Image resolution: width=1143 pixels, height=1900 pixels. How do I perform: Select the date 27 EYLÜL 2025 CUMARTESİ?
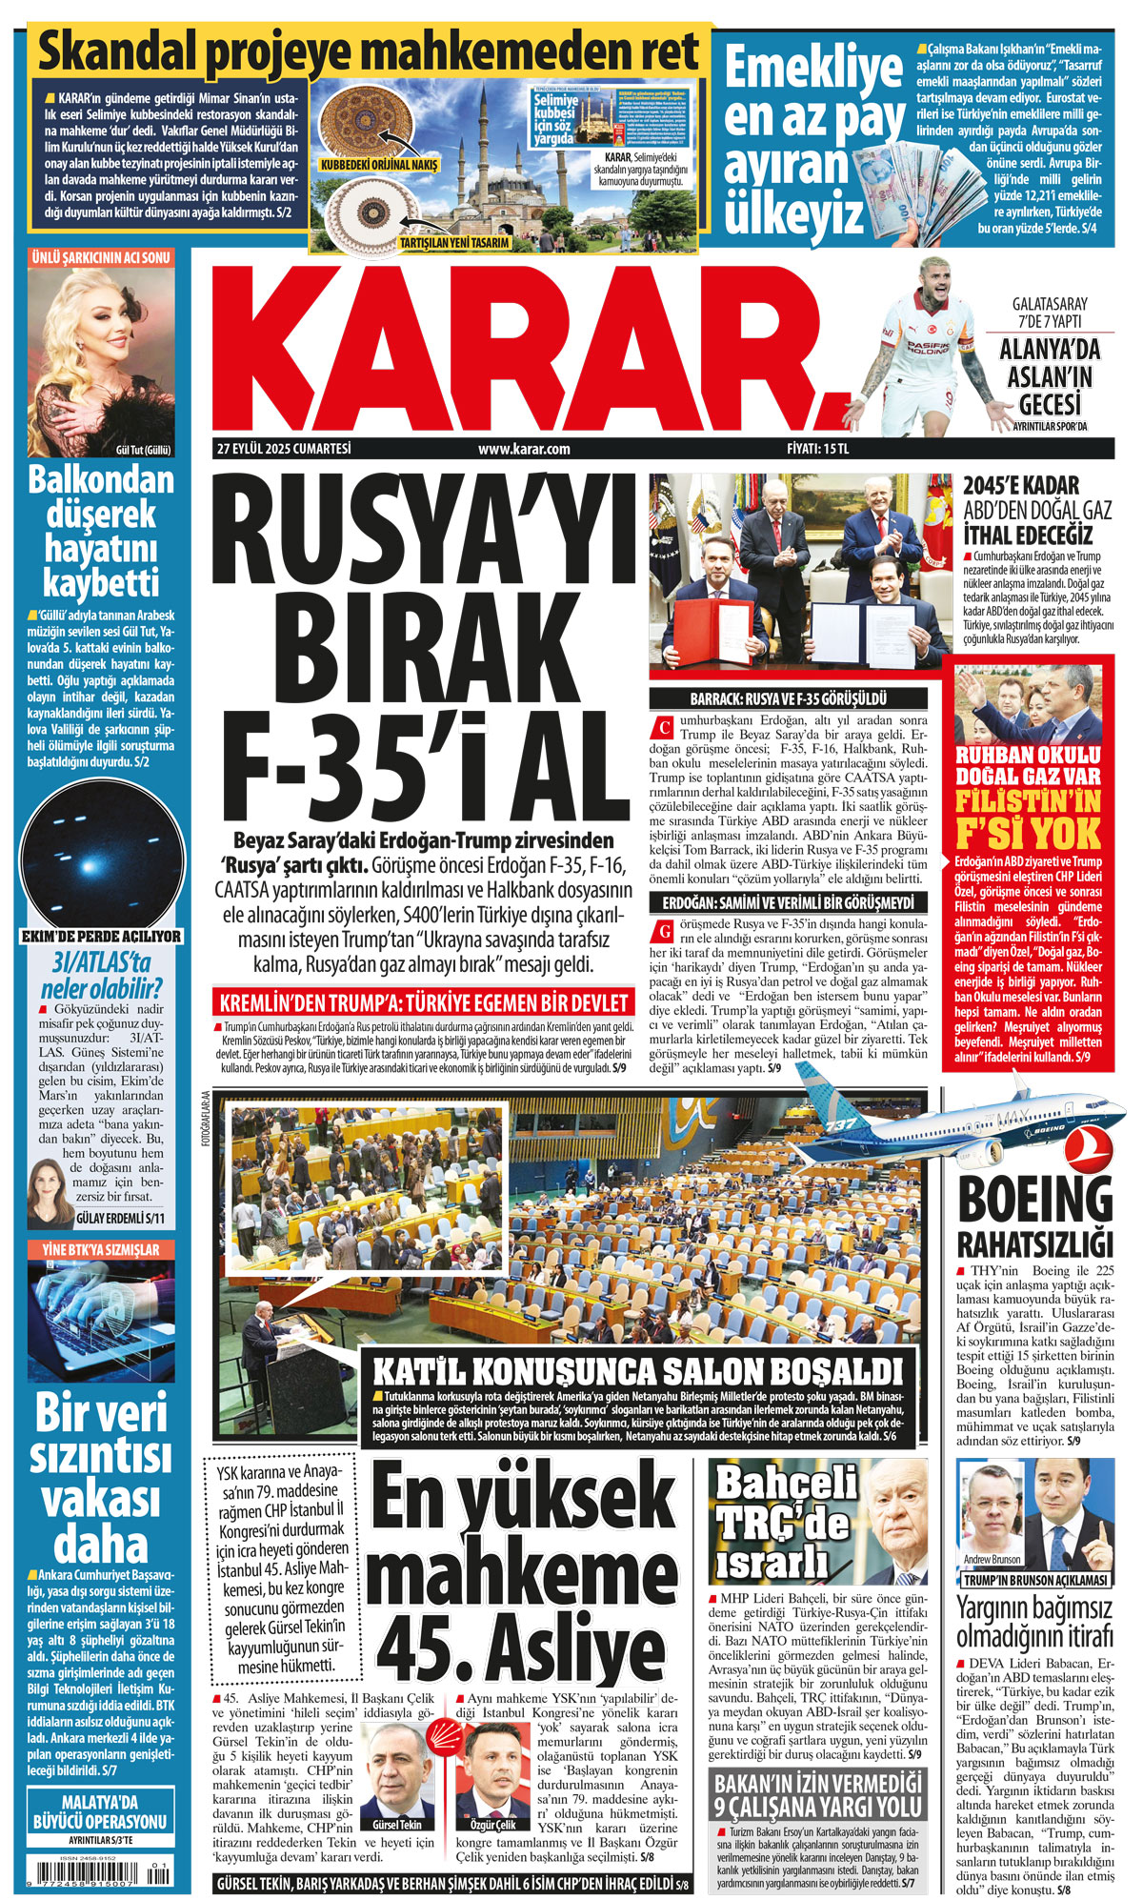(284, 449)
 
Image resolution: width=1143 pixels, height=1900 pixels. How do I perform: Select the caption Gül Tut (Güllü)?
(142, 450)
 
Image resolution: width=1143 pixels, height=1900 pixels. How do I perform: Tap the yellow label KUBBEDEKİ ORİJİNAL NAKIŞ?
(379, 165)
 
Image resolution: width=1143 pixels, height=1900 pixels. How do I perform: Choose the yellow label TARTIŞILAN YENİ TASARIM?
(453, 243)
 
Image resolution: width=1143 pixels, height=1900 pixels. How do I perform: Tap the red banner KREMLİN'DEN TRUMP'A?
(424, 1002)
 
